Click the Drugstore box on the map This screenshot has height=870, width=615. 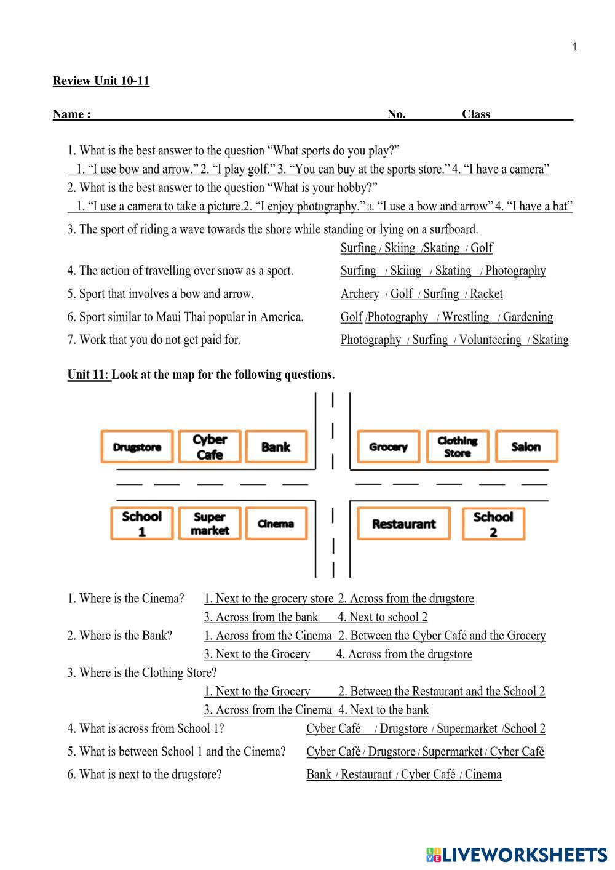click(x=137, y=447)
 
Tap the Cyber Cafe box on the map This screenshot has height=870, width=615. click(x=210, y=447)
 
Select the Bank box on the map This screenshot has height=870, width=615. click(x=276, y=447)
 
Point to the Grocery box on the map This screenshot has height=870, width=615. click(x=388, y=447)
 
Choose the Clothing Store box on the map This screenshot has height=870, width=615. click(x=457, y=447)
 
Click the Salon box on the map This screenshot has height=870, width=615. click(x=526, y=447)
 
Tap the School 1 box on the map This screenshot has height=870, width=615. click(x=141, y=524)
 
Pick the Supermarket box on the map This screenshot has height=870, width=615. click(x=210, y=524)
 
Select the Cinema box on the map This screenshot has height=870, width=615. click(x=276, y=524)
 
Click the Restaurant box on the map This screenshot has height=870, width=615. click(x=403, y=524)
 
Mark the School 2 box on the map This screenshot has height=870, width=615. click(x=493, y=524)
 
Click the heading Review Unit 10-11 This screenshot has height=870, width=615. click(x=101, y=81)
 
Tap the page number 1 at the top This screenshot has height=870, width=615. click(x=574, y=47)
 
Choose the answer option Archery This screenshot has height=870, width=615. click(x=360, y=294)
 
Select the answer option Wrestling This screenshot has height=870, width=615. click(x=466, y=317)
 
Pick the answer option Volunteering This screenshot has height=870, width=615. click(x=490, y=340)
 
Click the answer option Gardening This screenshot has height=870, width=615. click(x=528, y=317)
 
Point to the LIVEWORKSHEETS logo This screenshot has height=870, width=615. click(x=517, y=854)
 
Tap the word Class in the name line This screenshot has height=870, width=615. click(x=476, y=114)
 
